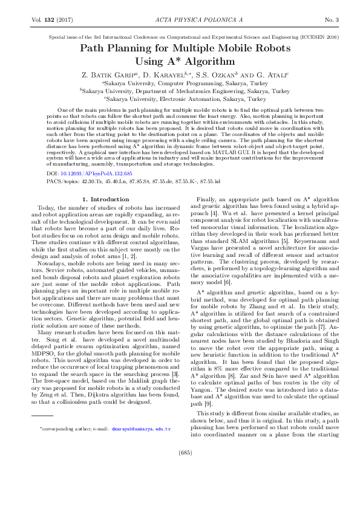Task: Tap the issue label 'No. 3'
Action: click(x=333, y=21)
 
